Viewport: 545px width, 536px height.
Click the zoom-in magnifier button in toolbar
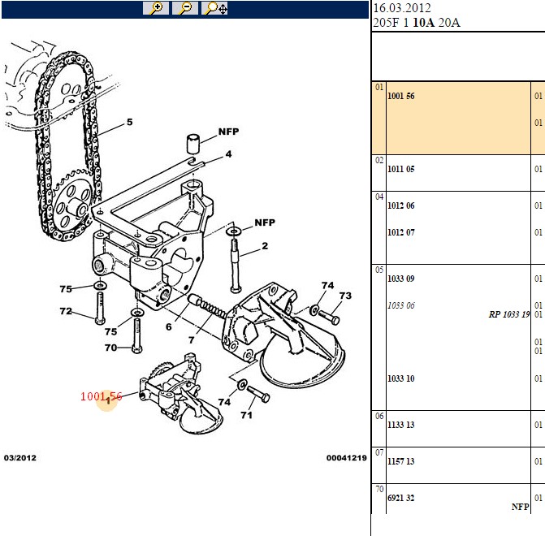[x=156, y=8]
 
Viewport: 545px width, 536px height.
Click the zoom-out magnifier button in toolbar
[x=185, y=8]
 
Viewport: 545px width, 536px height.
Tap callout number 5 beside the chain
[x=130, y=122]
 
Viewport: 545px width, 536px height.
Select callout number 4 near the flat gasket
[x=228, y=154]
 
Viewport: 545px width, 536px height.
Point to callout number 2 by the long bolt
[x=265, y=246]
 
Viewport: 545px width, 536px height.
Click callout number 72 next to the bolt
[x=66, y=311]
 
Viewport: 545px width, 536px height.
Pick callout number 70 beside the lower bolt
[x=111, y=348]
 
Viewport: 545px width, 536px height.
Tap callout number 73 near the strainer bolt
[x=345, y=296]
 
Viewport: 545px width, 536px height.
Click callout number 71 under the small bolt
[x=246, y=415]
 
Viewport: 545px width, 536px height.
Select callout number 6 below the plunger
[x=169, y=326]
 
